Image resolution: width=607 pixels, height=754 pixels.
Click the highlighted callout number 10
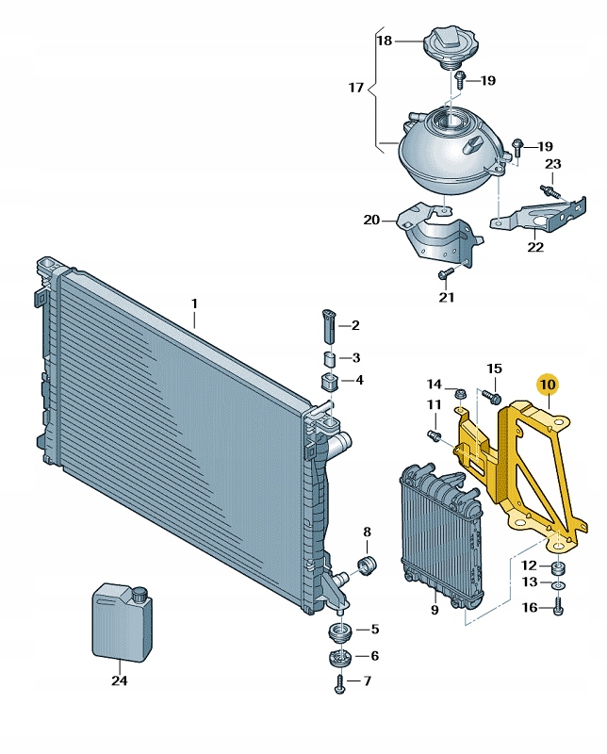point(548,385)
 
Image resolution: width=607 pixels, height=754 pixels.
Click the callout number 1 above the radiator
point(194,303)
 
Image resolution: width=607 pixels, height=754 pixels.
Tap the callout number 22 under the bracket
point(535,248)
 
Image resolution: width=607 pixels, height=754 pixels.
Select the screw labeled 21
point(446,273)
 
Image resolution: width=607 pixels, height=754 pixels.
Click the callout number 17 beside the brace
point(355,89)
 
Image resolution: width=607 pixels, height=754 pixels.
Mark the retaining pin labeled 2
point(328,326)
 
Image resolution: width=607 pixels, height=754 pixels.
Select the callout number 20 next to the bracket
point(371,221)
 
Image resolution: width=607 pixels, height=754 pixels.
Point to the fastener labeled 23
point(550,188)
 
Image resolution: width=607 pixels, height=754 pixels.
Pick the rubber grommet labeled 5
point(338,631)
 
